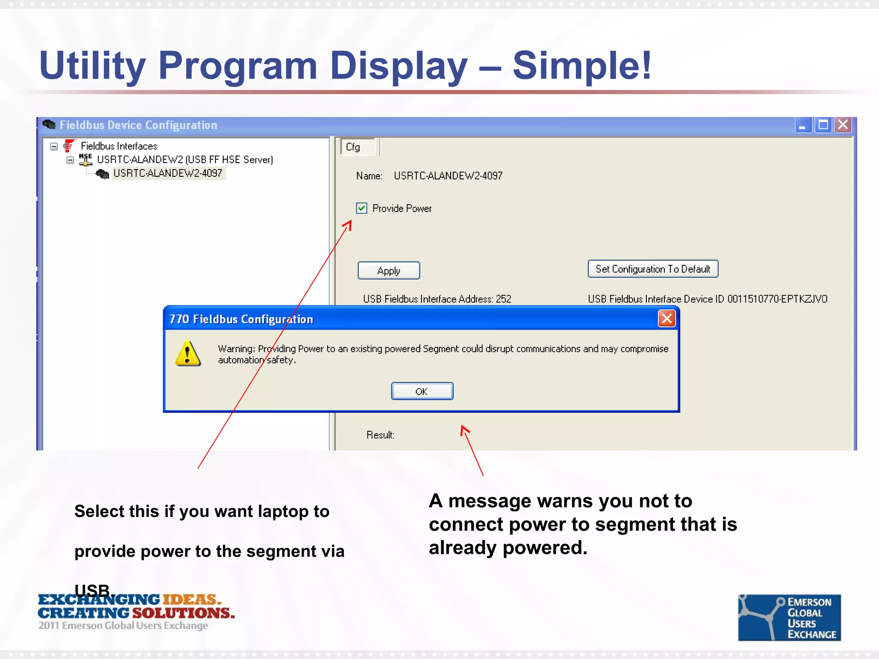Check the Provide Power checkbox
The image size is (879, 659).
click(x=361, y=208)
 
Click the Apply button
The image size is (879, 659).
click(x=388, y=271)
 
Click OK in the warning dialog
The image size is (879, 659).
click(x=422, y=391)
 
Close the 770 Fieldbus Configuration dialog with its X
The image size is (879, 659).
click(x=667, y=319)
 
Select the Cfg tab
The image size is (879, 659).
click(x=353, y=147)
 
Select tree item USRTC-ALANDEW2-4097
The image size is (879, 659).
click(x=168, y=173)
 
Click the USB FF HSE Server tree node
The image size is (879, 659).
click(x=185, y=160)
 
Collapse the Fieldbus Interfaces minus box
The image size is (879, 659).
click(x=54, y=146)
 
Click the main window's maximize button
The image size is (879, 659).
click(x=823, y=125)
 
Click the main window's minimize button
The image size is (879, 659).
click(x=803, y=125)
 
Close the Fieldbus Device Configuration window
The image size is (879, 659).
click(x=843, y=125)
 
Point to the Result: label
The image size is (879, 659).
click(x=380, y=435)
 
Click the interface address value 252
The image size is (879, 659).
click(x=503, y=299)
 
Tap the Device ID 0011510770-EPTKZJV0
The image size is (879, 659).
click(x=777, y=299)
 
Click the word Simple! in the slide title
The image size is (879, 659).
click(x=582, y=66)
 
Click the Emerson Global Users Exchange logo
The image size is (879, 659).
click(x=789, y=617)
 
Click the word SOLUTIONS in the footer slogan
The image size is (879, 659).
click(x=183, y=613)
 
